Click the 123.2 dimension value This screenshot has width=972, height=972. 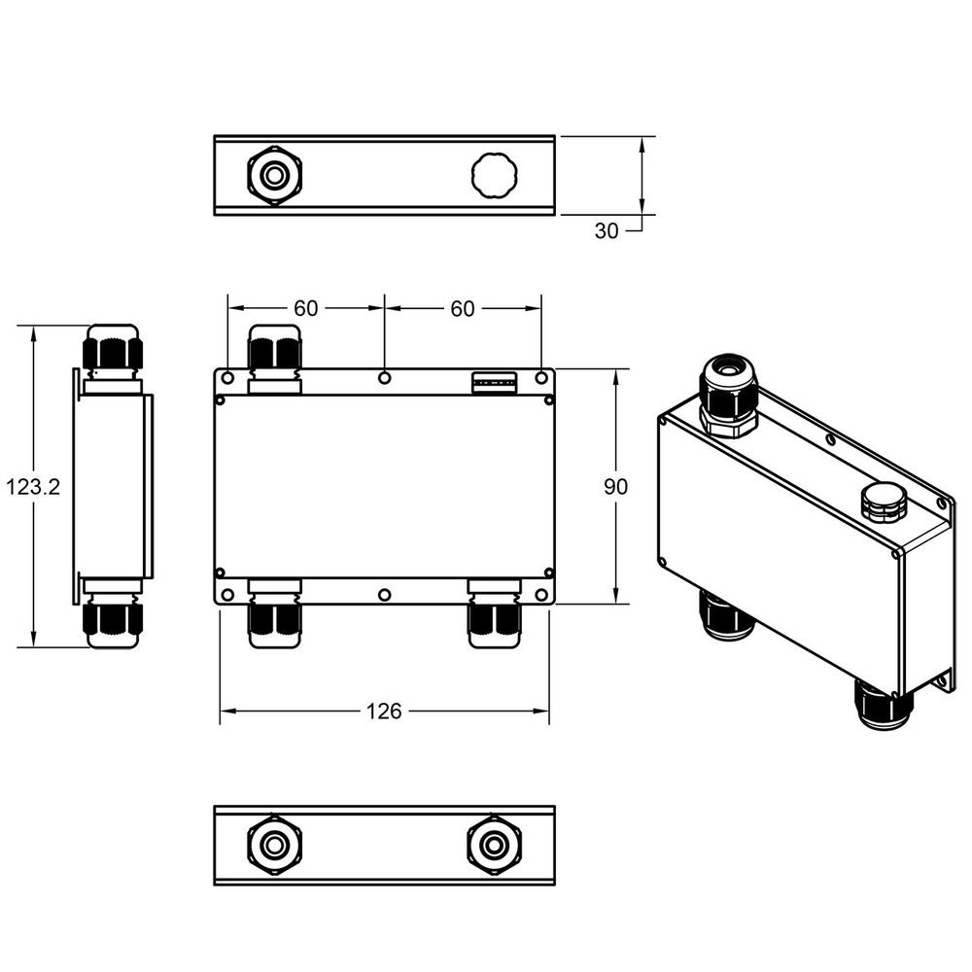tap(33, 487)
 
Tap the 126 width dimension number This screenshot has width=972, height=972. tap(384, 712)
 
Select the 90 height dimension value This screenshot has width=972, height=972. tap(615, 487)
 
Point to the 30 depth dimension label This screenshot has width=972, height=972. tap(607, 230)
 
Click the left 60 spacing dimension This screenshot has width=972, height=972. tap(305, 308)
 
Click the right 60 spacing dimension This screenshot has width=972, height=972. tap(463, 308)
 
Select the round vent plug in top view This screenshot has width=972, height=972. tap(494, 176)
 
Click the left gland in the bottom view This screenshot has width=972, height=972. tap(275, 845)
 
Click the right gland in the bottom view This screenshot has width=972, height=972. tap(494, 845)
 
